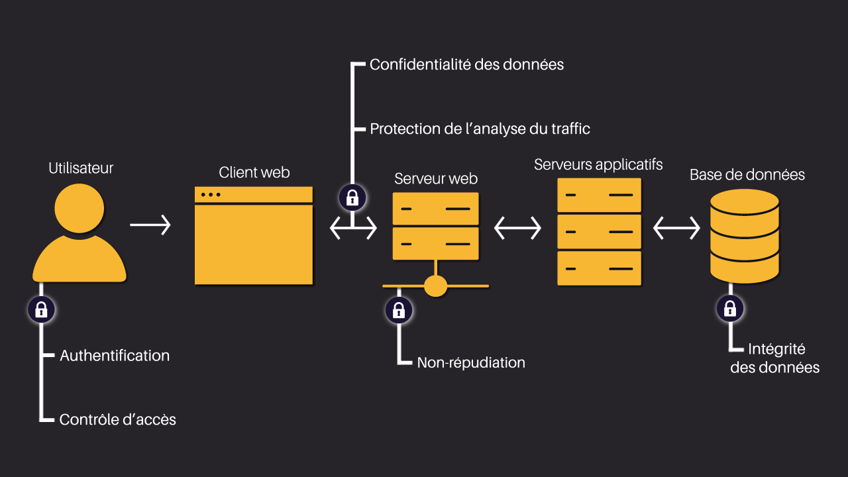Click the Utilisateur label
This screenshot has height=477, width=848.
point(81,168)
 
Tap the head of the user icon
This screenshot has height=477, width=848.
point(79,209)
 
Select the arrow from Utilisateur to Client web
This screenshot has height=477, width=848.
point(150,225)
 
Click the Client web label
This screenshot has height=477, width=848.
point(254,172)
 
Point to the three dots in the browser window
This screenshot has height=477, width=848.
point(210,194)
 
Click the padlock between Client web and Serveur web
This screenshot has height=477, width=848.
point(352,197)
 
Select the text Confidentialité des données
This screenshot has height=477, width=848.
point(466,64)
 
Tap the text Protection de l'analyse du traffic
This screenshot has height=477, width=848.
point(480,129)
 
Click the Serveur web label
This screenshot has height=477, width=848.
point(436,178)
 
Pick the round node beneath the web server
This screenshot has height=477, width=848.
point(435,286)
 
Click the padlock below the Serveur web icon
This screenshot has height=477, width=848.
point(399,310)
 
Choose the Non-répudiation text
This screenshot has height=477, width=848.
point(471,362)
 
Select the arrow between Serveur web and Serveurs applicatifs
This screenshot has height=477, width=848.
point(517,229)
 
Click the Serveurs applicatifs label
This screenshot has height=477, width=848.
point(598,164)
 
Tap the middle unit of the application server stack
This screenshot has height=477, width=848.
point(599,232)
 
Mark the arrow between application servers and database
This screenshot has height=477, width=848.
point(676,229)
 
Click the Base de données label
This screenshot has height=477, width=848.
point(747,175)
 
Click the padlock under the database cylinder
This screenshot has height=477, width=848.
point(730,308)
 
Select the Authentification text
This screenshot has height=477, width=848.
point(115,356)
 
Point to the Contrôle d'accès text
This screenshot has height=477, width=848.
point(118,419)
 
